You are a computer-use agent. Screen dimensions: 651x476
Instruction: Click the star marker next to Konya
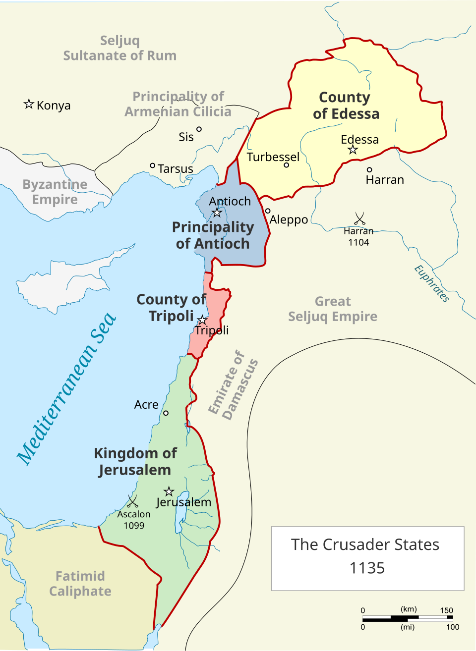29,104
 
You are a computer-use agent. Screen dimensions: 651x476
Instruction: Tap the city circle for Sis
199,129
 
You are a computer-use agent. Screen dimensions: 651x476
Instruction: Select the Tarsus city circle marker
153,165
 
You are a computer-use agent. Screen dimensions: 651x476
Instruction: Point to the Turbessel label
273,157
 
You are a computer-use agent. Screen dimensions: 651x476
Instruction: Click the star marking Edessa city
353,150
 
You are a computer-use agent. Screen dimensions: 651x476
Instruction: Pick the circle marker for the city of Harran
369,169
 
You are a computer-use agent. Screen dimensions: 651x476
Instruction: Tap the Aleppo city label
289,219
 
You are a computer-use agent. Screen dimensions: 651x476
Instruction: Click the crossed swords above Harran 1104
359,218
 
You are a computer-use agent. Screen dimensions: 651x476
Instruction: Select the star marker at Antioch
217,213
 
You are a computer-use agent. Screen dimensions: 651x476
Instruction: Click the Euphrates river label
432,284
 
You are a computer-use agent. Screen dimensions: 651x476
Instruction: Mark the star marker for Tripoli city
202,320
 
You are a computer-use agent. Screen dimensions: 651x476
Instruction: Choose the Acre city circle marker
166,413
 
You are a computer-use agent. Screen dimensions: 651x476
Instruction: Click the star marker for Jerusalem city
169,491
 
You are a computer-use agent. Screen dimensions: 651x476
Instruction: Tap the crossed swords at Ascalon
132,501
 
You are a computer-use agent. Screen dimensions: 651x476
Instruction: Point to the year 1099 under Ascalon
134,526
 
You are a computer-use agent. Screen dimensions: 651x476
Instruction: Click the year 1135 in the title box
367,568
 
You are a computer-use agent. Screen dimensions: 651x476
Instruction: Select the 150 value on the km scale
446,610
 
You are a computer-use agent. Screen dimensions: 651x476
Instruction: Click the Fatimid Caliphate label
80,584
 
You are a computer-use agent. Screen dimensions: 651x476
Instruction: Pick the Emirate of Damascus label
233,385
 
